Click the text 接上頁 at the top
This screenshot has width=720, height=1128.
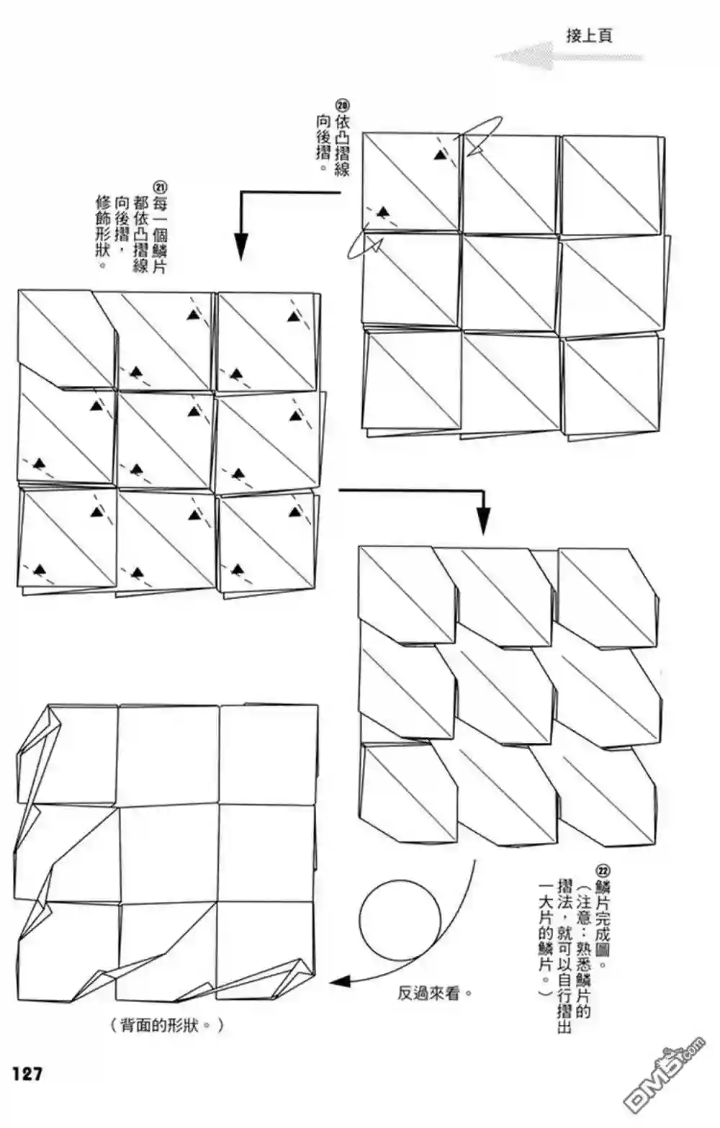[x=588, y=36]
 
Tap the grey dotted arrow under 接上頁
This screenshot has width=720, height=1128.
[x=569, y=56]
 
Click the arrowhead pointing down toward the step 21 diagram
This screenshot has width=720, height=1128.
[x=241, y=247]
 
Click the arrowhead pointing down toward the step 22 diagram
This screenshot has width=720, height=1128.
[x=483, y=521]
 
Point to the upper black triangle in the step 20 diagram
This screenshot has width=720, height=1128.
[x=440, y=155]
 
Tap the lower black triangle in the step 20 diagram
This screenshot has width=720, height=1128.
[x=384, y=212]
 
